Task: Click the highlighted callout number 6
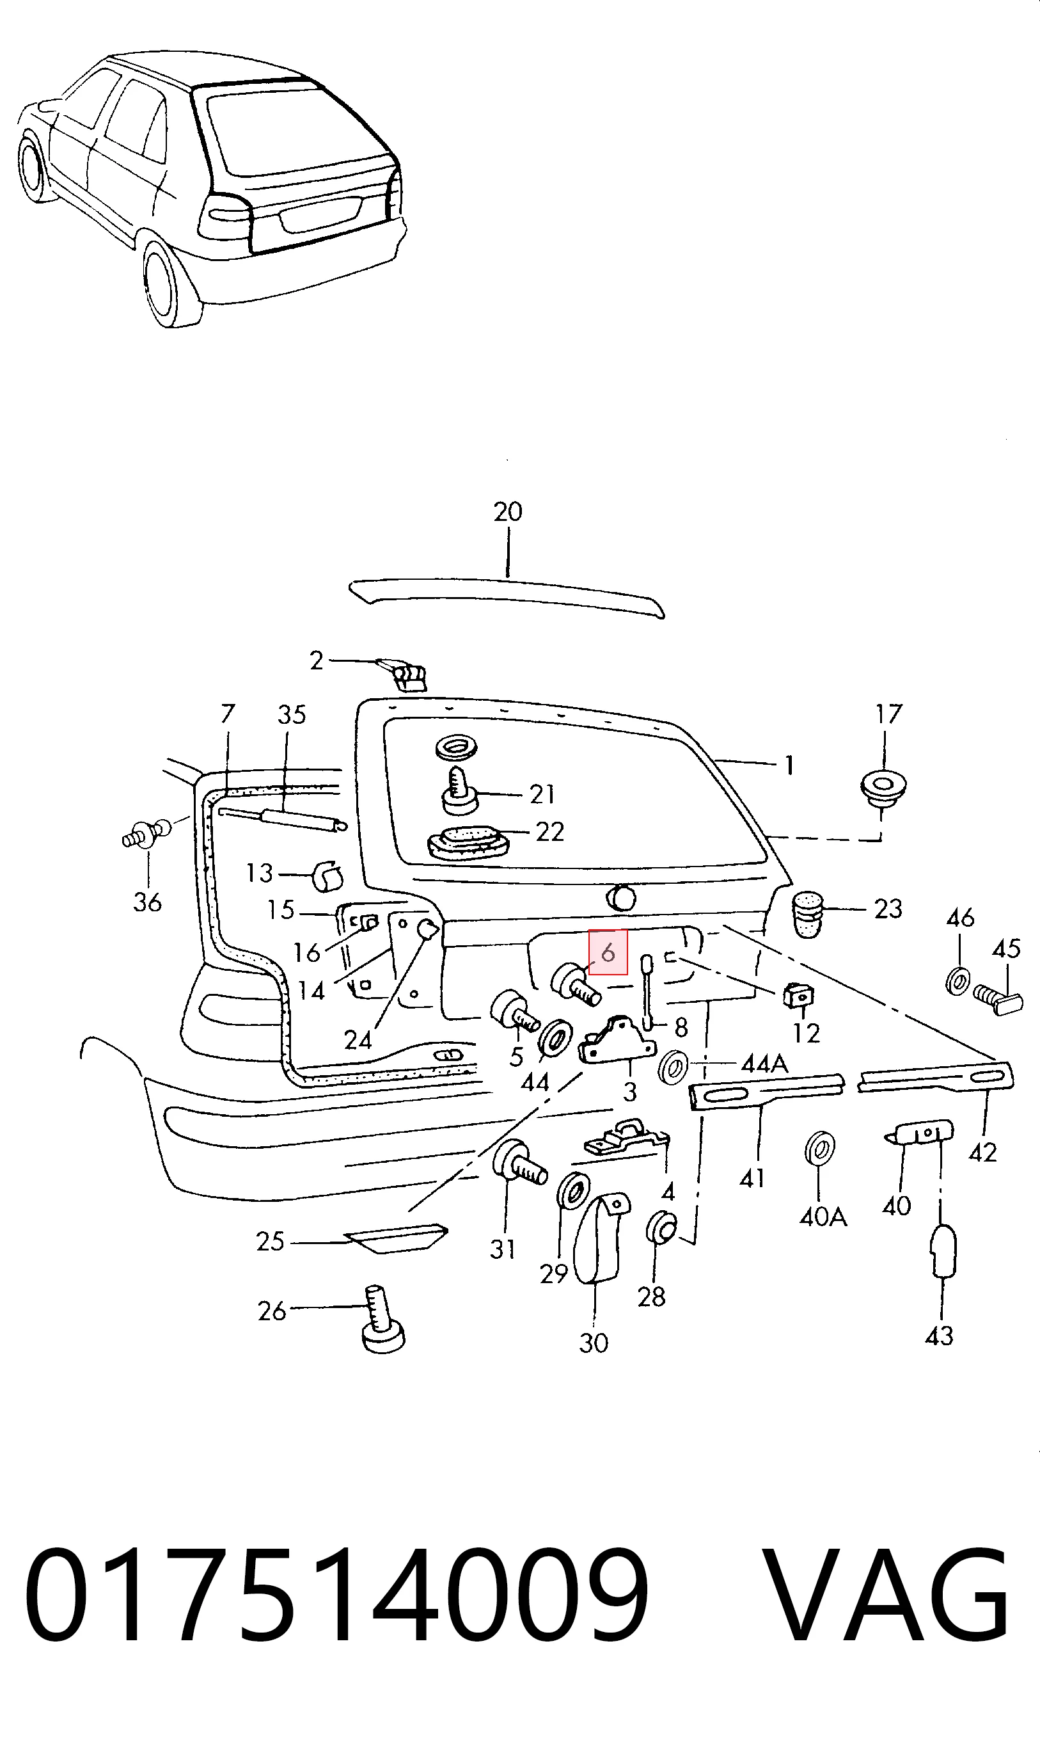pos(608,952)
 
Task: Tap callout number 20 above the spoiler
pos(508,512)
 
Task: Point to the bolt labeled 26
pos(382,1318)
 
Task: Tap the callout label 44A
pos(764,1065)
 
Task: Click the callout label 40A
pos(823,1218)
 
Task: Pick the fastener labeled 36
pos(146,834)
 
